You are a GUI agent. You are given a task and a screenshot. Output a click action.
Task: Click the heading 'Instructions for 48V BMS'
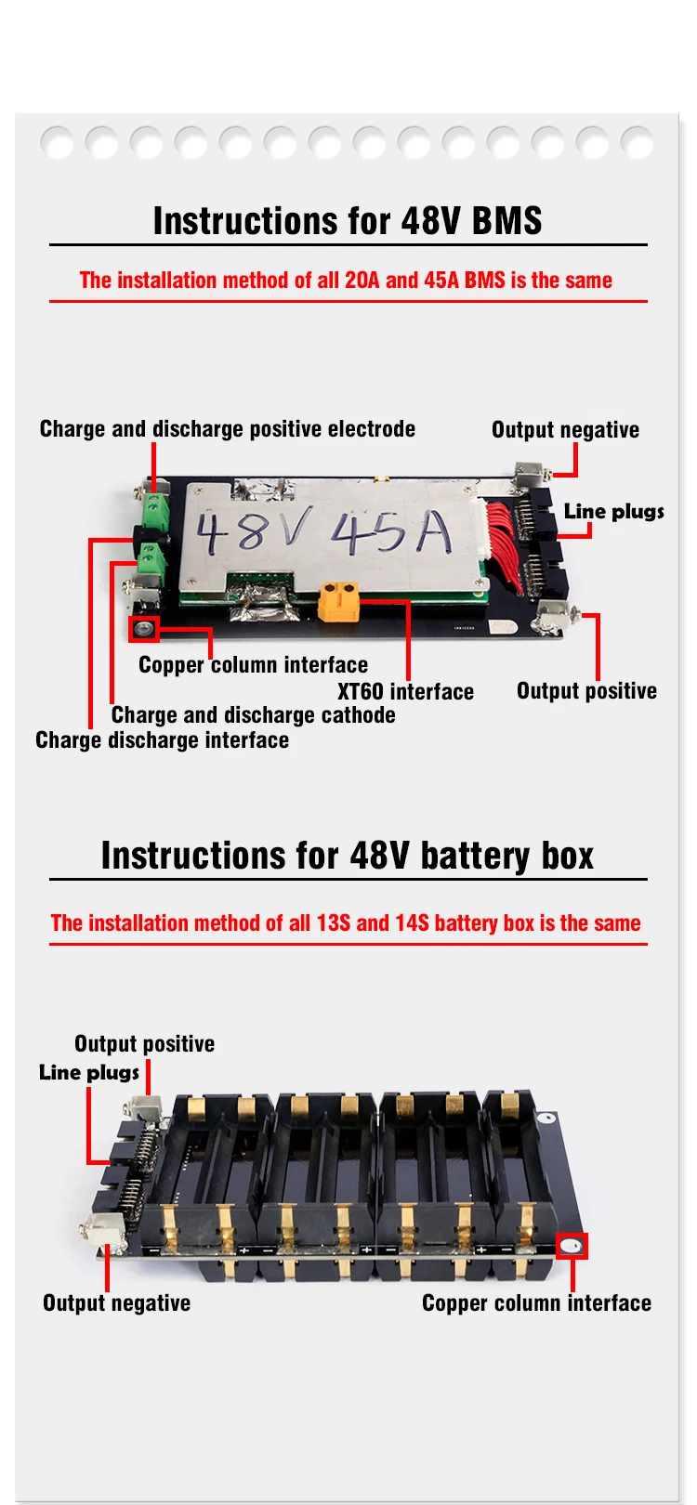[x=348, y=221]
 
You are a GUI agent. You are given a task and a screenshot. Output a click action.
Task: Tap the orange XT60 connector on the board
[x=339, y=601]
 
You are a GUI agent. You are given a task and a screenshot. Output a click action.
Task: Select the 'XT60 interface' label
[x=405, y=692]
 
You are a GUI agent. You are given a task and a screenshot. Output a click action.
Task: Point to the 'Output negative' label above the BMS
[x=565, y=430]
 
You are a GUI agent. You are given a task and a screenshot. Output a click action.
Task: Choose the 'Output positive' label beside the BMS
[x=586, y=691]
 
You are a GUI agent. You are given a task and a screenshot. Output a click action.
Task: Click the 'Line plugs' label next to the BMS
[x=613, y=511]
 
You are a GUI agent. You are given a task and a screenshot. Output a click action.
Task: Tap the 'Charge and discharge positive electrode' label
[x=227, y=429]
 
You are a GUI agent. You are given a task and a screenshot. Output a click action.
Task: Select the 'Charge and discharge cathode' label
[x=253, y=715]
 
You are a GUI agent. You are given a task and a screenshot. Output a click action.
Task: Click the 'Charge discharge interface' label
[x=162, y=740]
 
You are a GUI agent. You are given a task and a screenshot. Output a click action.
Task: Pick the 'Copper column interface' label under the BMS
[x=253, y=665]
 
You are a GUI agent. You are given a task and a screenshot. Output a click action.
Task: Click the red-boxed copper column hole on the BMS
[x=144, y=629]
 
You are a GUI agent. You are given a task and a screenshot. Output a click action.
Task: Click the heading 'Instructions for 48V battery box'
[x=348, y=856]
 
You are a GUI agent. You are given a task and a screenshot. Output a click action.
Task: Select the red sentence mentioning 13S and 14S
[x=346, y=923]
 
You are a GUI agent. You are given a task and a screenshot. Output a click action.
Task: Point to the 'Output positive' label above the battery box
[x=144, y=1044]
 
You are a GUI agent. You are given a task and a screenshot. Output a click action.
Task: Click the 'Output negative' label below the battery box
[x=116, y=1303]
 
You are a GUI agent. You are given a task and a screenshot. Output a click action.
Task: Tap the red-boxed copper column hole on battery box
[x=572, y=1246]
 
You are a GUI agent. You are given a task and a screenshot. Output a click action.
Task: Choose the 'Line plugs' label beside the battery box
[x=89, y=1072]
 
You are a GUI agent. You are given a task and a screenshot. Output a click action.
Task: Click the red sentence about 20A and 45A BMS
[x=346, y=281]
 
